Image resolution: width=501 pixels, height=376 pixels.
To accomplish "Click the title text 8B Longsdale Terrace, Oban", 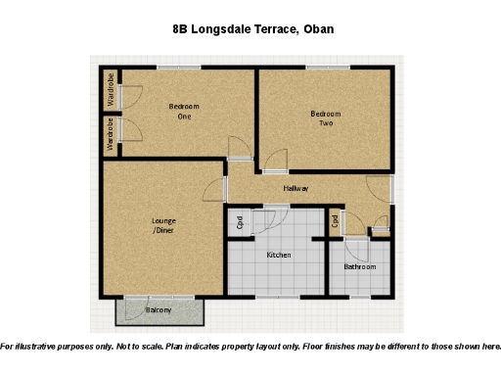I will (252, 28).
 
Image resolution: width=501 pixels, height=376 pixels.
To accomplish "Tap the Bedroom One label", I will (183, 111).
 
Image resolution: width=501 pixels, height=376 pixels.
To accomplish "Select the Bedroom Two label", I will (326, 118).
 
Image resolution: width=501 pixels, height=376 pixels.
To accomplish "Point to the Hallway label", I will (296, 188).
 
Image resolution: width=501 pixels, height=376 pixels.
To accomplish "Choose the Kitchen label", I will (279, 255).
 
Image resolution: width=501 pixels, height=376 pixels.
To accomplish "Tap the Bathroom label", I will (359, 266).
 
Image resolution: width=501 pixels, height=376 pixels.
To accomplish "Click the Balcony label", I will (159, 310).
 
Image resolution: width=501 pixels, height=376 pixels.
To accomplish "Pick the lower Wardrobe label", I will (112, 134).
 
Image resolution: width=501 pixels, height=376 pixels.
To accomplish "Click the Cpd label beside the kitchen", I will (240, 222).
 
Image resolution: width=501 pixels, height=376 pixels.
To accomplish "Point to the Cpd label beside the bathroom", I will (335, 222).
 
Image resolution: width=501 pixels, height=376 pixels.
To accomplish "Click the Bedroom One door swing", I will (238, 148).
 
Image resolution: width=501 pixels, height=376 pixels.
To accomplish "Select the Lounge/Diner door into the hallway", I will (217, 191).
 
